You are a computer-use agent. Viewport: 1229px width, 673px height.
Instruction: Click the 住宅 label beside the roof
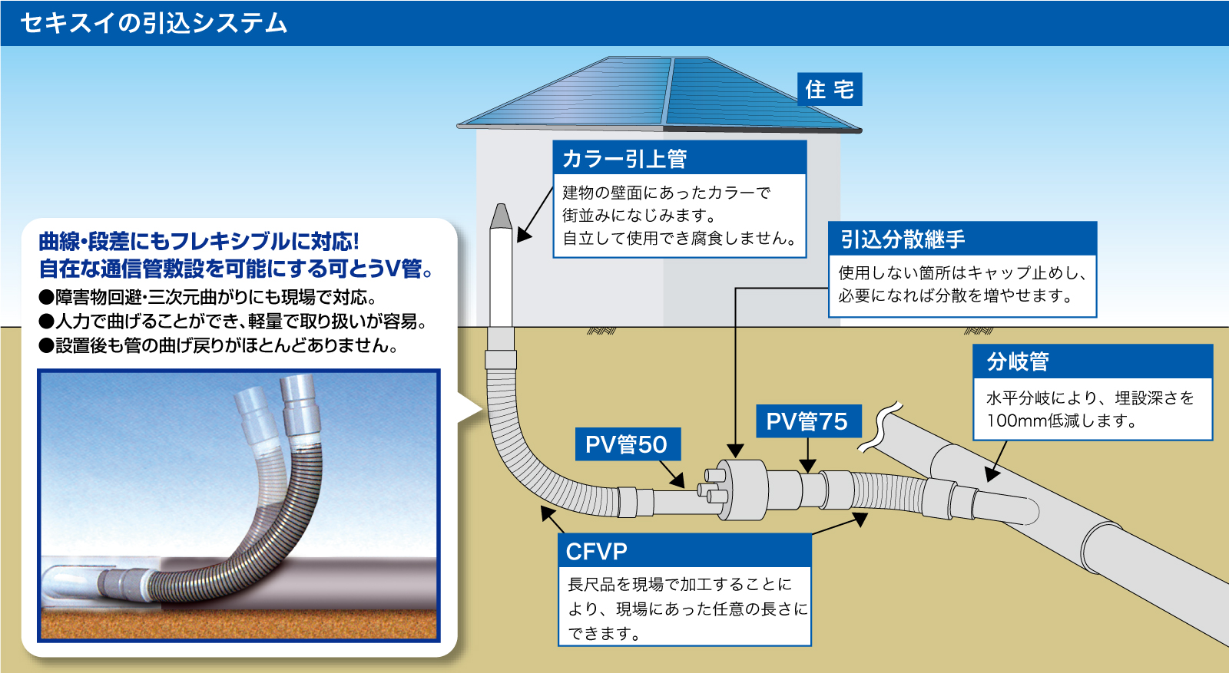click(x=830, y=89)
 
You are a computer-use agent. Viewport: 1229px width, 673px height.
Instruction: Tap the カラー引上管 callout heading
click(x=625, y=159)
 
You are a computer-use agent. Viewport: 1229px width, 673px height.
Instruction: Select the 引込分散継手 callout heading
click(x=903, y=239)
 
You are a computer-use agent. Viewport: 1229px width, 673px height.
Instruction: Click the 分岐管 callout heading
click(x=1018, y=361)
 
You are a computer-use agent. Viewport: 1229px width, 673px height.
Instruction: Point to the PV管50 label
click(x=628, y=444)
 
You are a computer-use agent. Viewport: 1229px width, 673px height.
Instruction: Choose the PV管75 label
click(x=808, y=421)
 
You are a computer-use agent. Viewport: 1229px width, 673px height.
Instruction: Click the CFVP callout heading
click(x=596, y=551)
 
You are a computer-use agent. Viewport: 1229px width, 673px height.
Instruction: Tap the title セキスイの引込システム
click(x=154, y=23)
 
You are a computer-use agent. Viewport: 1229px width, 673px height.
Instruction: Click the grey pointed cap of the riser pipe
click(x=501, y=216)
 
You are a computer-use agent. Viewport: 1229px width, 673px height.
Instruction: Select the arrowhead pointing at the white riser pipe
click(x=524, y=235)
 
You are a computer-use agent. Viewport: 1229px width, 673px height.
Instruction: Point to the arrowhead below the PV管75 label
click(x=807, y=465)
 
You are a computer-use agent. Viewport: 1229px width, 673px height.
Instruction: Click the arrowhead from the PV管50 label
click(x=678, y=480)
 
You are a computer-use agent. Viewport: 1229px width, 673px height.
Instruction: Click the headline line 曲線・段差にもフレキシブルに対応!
click(x=199, y=241)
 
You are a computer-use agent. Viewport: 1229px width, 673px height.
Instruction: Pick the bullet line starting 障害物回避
click(x=207, y=297)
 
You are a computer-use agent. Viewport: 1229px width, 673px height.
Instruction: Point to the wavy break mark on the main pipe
click(x=880, y=427)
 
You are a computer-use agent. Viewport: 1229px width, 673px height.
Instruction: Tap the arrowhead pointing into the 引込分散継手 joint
click(x=735, y=450)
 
